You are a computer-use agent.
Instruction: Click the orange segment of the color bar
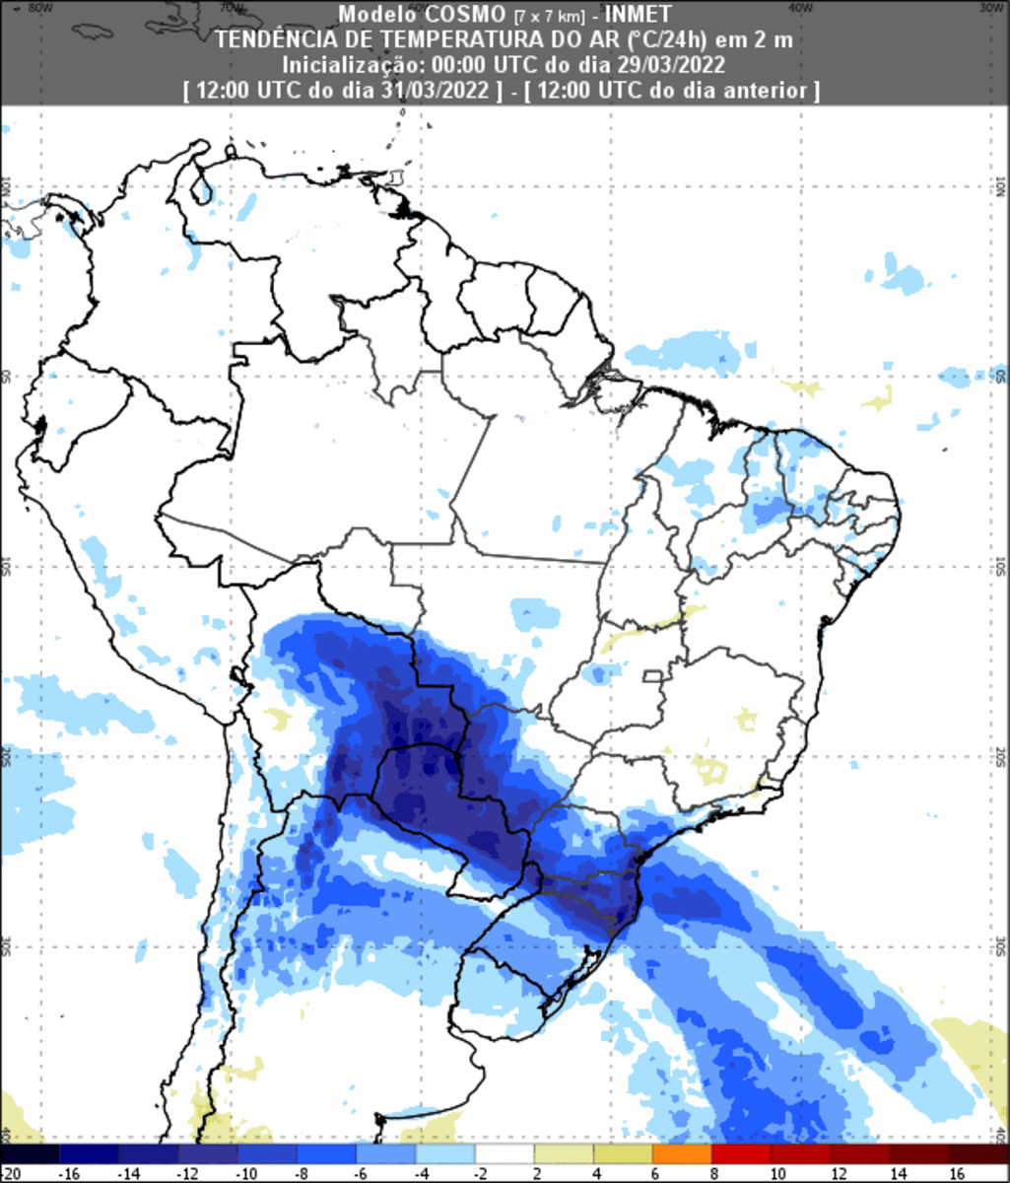click(x=682, y=1153)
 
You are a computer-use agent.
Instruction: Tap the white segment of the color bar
click(x=504, y=1153)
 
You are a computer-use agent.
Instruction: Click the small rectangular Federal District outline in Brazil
click(x=650, y=676)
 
